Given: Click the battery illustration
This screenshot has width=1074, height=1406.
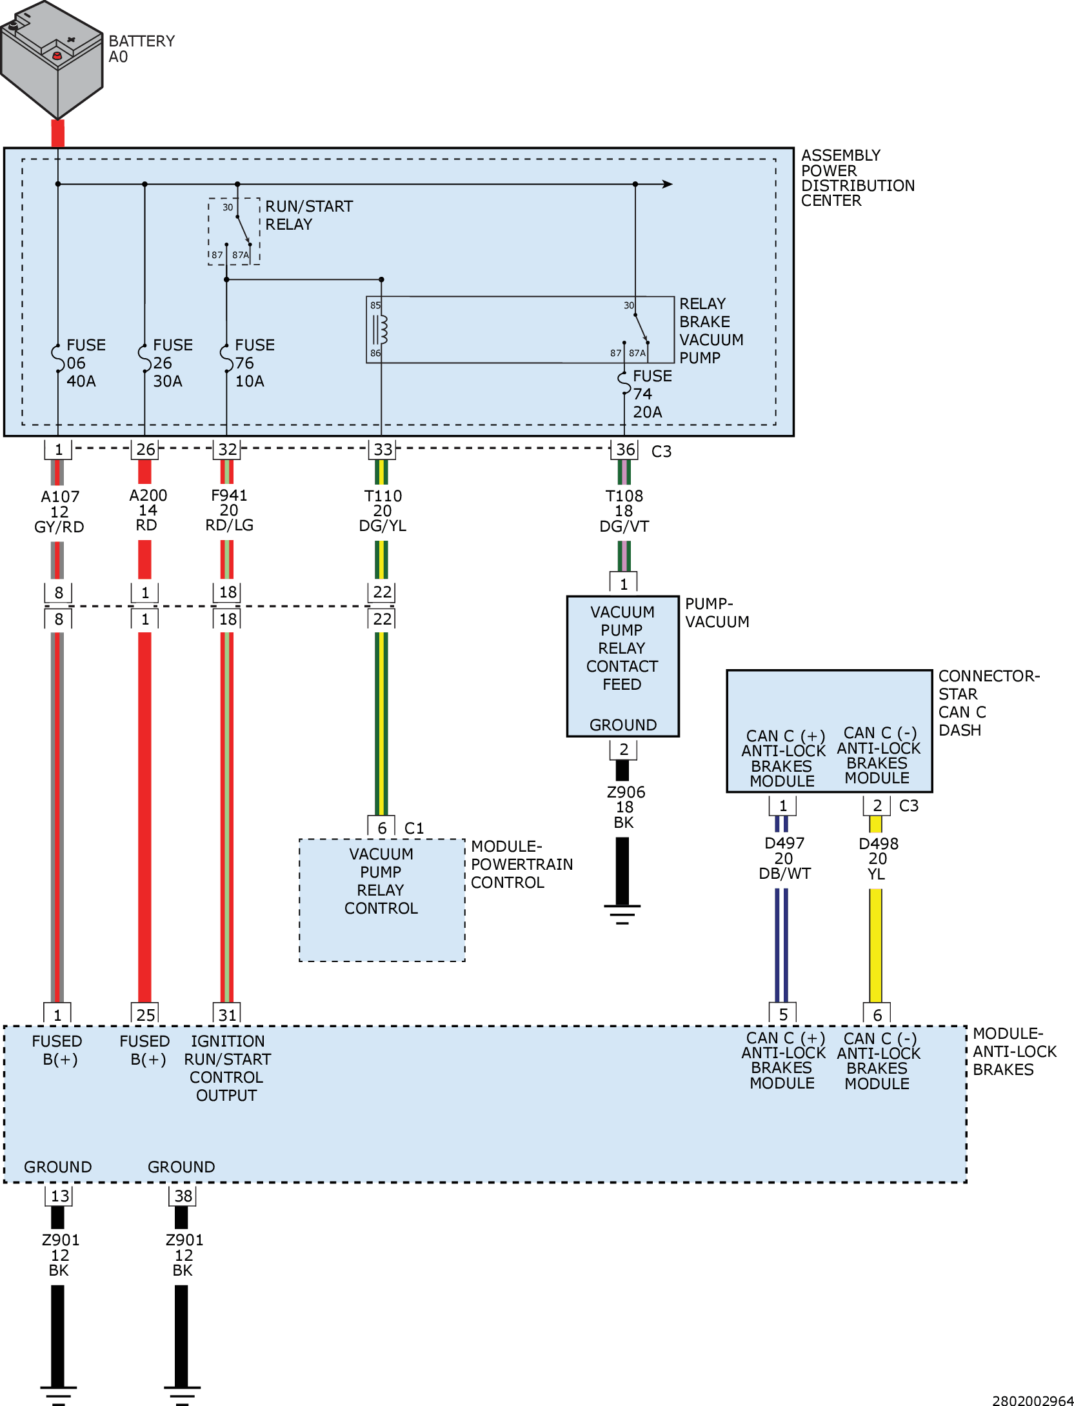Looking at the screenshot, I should pyautogui.click(x=52, y=58).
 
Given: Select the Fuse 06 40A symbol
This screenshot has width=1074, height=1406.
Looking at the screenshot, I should pyautogui.click(x=57, y=359).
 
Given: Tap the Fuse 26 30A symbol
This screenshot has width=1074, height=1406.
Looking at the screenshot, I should pyautogui.click(x=144, y=359).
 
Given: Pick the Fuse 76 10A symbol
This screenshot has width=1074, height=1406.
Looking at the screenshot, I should pyautogui.click(x=226, y=359).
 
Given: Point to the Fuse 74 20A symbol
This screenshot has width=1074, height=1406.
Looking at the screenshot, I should pyautogui.click(x=624, y=383).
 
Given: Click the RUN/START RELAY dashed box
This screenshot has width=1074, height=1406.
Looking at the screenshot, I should pyautogui.click(x=234, y=231).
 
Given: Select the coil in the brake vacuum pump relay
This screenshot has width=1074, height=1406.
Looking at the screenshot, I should pyautogui.click(x=381, y=330).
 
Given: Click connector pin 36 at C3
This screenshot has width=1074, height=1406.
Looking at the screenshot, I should pyautogui.click(x=624, y=450).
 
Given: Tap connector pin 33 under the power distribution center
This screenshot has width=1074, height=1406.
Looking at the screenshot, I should pyautogui.click(x=382, y=450).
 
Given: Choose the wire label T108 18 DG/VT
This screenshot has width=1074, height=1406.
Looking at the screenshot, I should pyautogui.click(x=624, y=511).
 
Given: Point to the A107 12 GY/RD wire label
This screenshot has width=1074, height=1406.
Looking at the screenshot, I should pyautogui.click(x=59, y=512).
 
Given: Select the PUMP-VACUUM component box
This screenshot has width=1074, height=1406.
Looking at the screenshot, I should pyautogui.click(x=622, y=666).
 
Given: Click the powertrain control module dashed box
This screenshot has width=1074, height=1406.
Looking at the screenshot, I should pyautogui.click(x=382, y=899).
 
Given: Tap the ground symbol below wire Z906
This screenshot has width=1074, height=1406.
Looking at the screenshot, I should pyautogui.click(x=622, y=914).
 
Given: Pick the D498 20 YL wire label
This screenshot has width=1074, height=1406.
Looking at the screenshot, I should pyautogui.click(x=877, y=859).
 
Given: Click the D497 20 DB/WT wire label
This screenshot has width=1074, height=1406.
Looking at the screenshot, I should pyautogui.click(x=784, y=858).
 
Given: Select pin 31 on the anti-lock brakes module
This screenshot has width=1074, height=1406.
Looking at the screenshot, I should pyautogui.click(x=227, y=1014).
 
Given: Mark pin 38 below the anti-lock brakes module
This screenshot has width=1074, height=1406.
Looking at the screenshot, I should pyautogui.click(x=183, y=1196).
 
